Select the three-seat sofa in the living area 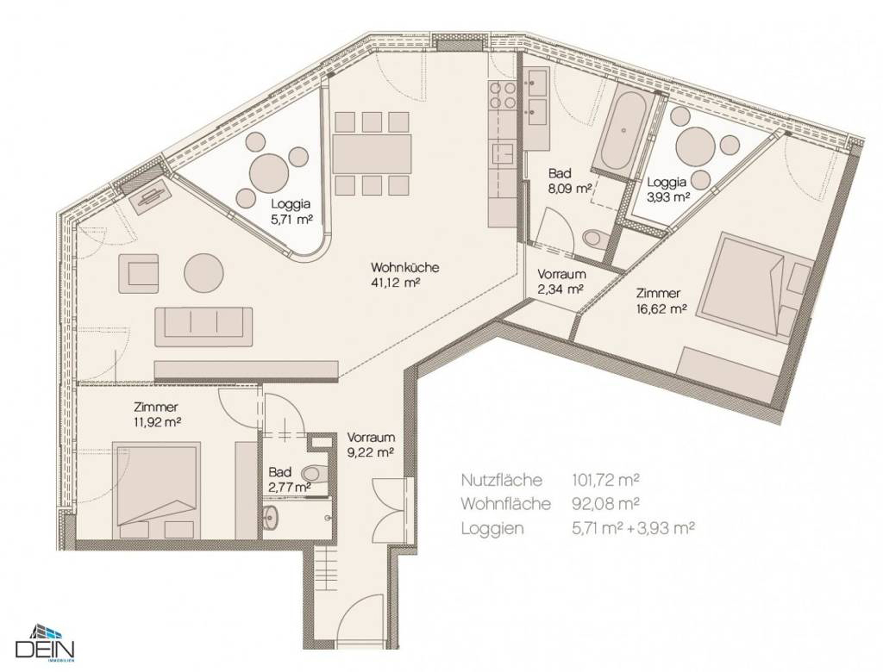click(204, 327)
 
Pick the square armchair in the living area click(138, 274)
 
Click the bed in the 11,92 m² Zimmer click(156, 490)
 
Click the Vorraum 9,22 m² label click(371, 445)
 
